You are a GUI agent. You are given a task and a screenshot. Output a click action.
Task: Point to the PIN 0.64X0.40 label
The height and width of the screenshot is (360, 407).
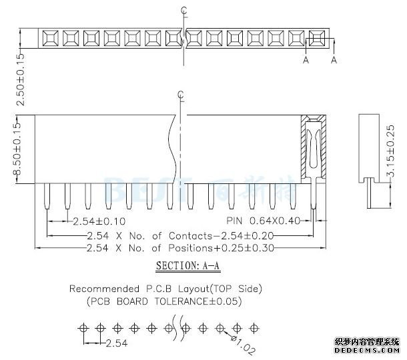[x=263, y=221]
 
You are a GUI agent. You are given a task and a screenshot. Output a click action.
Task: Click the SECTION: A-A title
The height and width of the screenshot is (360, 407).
[x=187, y=266]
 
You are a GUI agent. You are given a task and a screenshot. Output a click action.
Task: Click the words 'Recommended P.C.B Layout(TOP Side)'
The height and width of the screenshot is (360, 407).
[x=165, y=289]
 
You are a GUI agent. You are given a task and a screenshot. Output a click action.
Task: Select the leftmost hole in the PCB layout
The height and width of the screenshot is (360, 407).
[x=83, y=328]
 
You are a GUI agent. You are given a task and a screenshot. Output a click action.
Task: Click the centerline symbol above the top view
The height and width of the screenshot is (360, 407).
[x=183, y=11]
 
